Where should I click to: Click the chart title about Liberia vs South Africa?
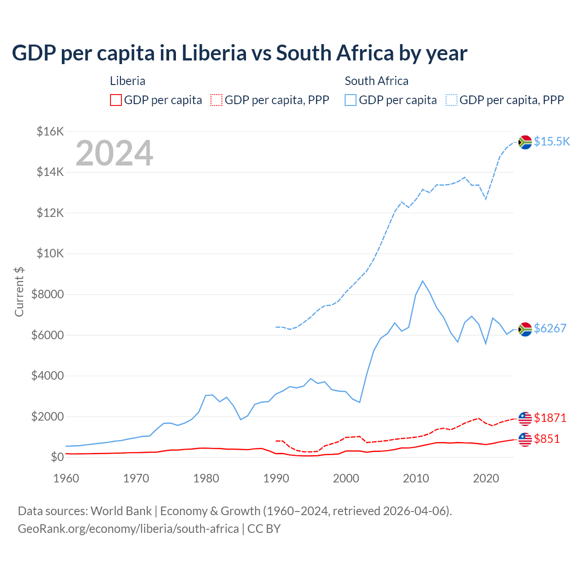pos(239,53)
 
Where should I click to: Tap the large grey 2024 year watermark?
pos(114,153)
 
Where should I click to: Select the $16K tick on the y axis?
pos(50,132)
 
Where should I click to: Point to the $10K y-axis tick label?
pos(50,254)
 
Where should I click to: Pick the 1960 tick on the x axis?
pos(66,478)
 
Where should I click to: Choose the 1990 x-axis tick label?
pos(276,478)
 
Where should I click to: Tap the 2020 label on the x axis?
pos(486,478)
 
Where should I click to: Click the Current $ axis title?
pos(19,291)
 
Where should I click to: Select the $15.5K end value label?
pos(552,141)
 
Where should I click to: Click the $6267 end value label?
pos(550,328)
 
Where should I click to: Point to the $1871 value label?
pos(550,418)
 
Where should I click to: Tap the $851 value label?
pos(547,439)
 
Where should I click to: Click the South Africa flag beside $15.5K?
pos(525,142)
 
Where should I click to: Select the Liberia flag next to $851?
pos(525,440)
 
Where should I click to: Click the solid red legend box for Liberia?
pos(116,100)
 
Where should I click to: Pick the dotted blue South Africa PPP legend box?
pos(452,100)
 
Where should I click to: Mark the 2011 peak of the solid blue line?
pos(423,281)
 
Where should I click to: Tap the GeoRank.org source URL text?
pos(128,529)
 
